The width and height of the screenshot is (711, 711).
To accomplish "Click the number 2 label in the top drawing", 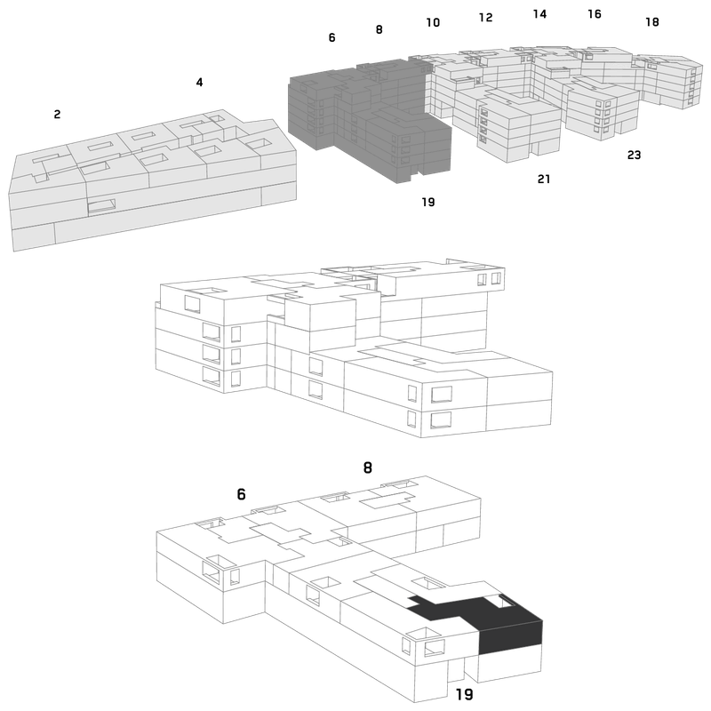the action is click(57, 115).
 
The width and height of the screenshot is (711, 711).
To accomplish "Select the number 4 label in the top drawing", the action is click(199, 82).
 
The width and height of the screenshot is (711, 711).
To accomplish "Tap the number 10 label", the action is click(433, 22).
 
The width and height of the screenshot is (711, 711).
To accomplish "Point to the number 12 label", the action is click(485, 17).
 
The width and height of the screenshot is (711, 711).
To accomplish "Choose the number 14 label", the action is click(539, 14).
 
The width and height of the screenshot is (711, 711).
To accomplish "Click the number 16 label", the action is click(595, 14).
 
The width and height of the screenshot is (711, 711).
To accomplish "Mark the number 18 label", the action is click(652, 21).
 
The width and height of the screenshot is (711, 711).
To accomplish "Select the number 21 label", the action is click(544, 180).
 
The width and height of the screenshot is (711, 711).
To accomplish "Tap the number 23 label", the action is click(634, 155).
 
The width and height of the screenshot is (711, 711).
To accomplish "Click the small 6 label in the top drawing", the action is click(332, 37).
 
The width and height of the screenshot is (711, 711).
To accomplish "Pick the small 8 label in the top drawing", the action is click(379, 29).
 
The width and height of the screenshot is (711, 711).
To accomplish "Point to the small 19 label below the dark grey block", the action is click(428, 202).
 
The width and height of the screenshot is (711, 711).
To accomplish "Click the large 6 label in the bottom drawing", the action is click(241, 494).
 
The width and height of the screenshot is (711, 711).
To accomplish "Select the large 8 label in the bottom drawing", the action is click(368, 467).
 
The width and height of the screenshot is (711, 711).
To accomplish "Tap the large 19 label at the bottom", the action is click(464, 694).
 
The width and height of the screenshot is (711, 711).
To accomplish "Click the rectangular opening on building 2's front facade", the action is click(101, 206).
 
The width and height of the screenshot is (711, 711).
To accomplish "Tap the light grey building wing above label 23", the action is click(601, 108).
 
